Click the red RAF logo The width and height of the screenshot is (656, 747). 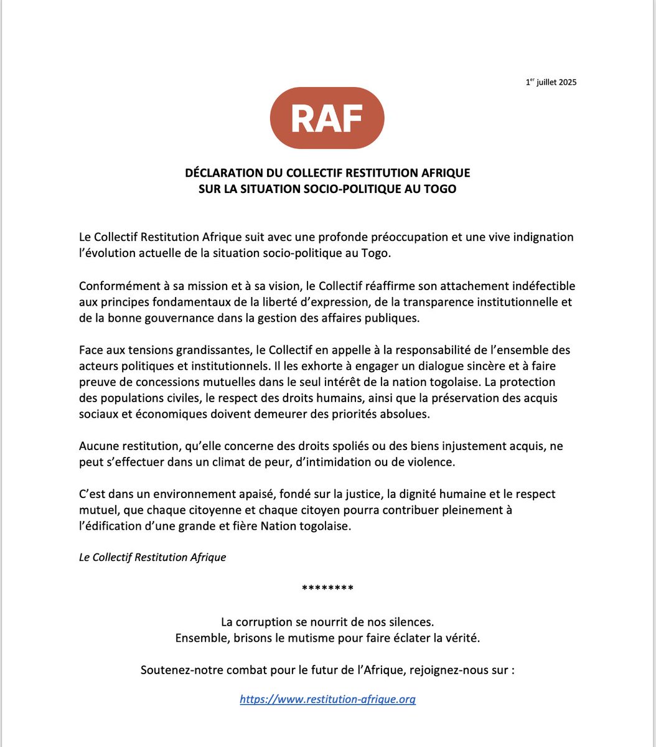click(327, 118)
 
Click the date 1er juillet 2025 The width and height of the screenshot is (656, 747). click(550, 82)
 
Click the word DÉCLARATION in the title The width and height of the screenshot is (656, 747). click(223, 172)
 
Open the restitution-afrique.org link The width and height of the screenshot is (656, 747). click(327, 699)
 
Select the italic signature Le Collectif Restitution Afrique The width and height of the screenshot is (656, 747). click(152, 557)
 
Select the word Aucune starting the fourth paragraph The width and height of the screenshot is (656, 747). click(97, 446)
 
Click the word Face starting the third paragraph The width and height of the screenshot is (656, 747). click(91, 350)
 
